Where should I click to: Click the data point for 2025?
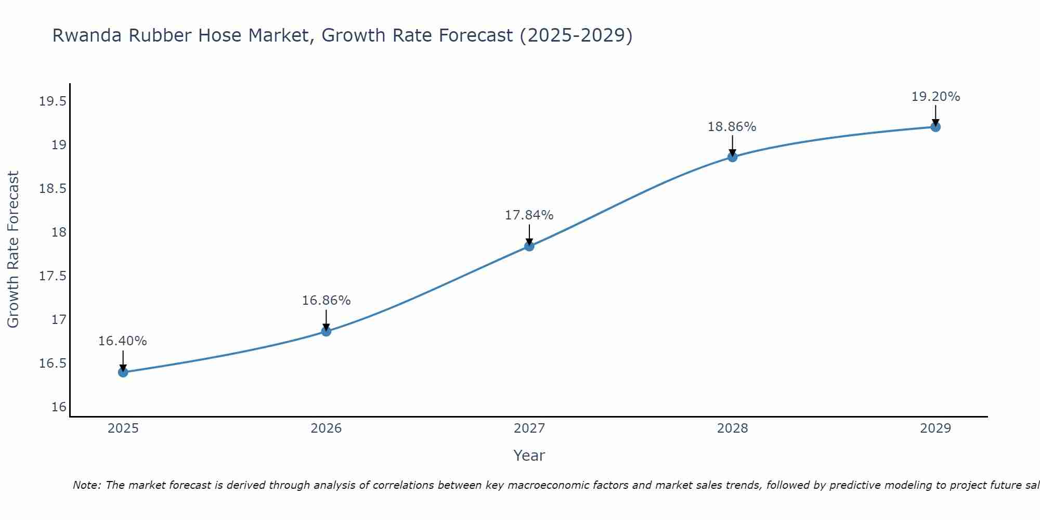pos(123,372)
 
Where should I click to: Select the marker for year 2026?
pos(326,331)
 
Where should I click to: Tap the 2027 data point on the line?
pos(529,246)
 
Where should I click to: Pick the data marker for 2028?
pos(732,157)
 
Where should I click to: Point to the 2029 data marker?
pos(935,127)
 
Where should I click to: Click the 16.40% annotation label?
pos(123,341)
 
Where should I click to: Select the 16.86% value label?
pos(326,301)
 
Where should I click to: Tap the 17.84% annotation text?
pos(529,215)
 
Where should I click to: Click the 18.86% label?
pos(732,127)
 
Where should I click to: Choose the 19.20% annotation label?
pos(935,97)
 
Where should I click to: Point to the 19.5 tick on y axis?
pos(53,101)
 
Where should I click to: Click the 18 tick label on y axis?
pos(59,232)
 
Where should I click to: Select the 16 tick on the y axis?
pos(59,407)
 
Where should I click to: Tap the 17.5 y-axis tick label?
pos(53,276)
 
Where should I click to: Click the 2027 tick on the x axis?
pos(529,428)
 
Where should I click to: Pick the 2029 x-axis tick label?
pos(935,428)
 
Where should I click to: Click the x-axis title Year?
pos(529,456)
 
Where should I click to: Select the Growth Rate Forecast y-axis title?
pos(14,250)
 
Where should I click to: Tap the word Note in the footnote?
pos(86,485)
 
